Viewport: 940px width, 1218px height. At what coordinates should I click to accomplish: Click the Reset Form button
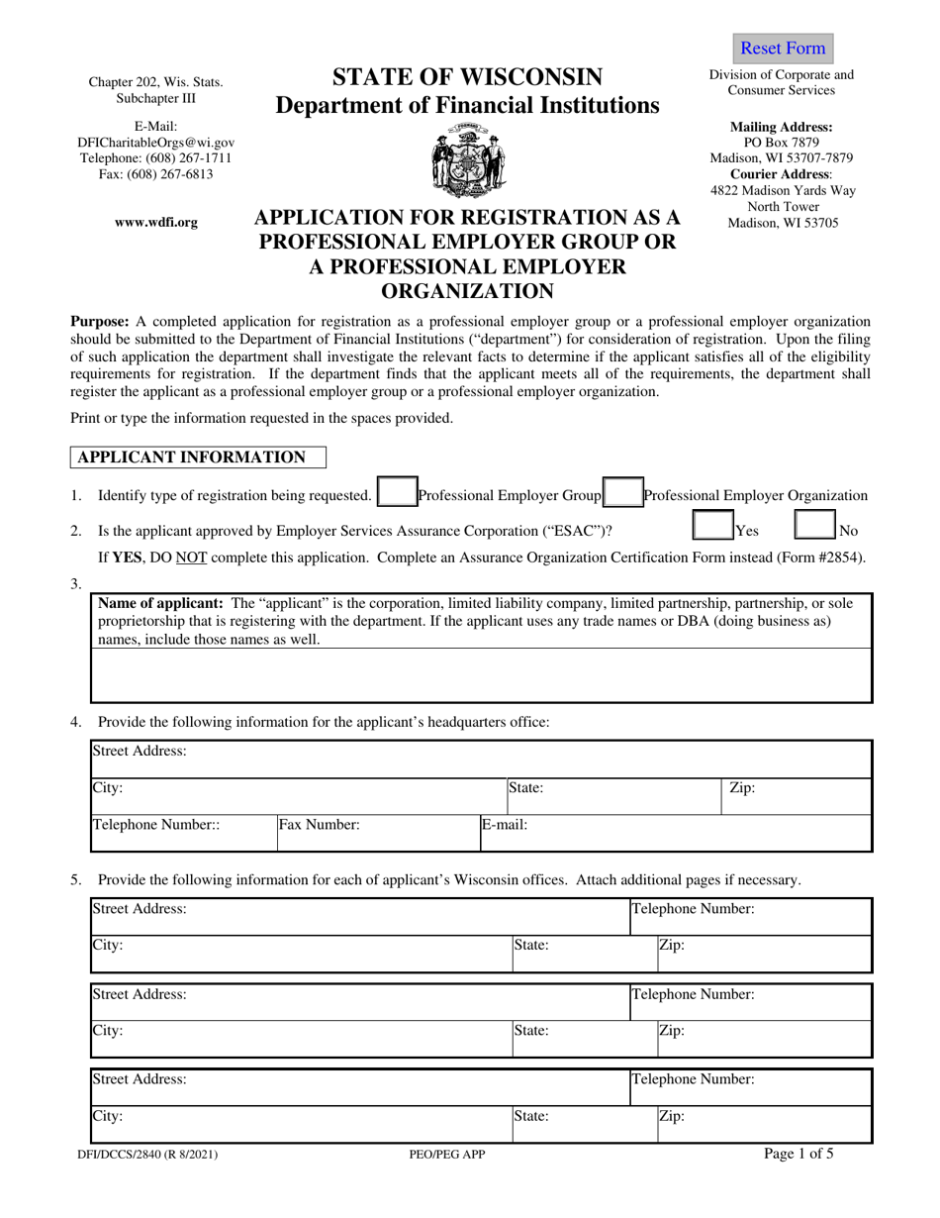782,49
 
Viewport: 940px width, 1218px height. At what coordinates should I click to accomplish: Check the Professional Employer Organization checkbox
623,495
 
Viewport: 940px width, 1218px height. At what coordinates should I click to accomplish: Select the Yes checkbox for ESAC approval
711,530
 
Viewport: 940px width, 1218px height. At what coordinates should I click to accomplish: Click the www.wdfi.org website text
156,223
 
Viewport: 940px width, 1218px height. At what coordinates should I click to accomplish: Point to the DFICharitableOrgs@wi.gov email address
156,143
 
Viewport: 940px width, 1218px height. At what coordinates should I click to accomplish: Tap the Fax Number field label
319,824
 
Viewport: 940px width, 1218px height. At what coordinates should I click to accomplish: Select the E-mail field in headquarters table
673,833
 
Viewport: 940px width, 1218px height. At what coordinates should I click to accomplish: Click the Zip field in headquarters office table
797,796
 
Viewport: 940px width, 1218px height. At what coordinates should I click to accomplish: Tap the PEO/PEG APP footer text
446,1154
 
